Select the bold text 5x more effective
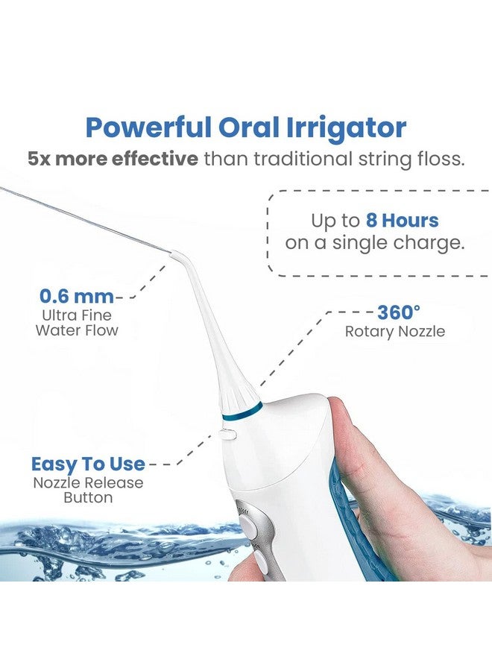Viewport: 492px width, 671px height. pos(113,160)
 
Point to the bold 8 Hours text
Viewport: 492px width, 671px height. pos(402,221)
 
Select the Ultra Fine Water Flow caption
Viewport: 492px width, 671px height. pos(77,321)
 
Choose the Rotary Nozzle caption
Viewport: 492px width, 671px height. pos(394,331)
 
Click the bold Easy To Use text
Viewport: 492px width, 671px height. pos(88,464)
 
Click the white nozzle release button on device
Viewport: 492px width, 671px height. pos(227,432)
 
